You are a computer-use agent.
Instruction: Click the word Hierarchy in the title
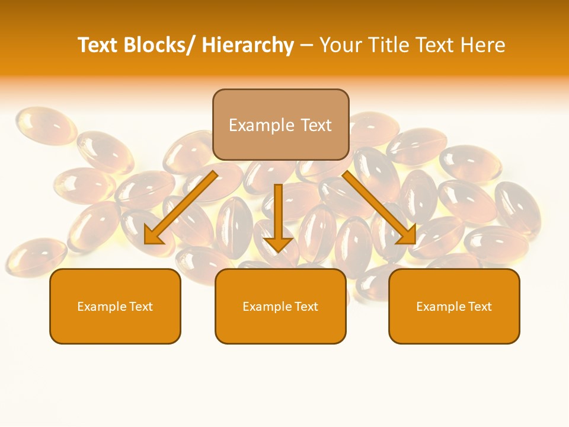[248, 45]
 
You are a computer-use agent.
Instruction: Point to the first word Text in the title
[98, 45]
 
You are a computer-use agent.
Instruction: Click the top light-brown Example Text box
[280, 125]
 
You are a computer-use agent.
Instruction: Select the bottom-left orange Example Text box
[115, 306]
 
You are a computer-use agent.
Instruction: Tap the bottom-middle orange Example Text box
[280, 306]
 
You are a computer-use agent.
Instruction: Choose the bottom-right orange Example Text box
[454, 306]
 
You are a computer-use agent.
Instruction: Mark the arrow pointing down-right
[376, 205]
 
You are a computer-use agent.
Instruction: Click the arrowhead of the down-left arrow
[153, 236]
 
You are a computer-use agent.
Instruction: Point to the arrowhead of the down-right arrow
[408, 235]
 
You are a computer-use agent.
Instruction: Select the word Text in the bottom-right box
[480, 307]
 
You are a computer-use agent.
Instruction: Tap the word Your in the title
[342, 45]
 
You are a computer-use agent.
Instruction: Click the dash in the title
[306, 46]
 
